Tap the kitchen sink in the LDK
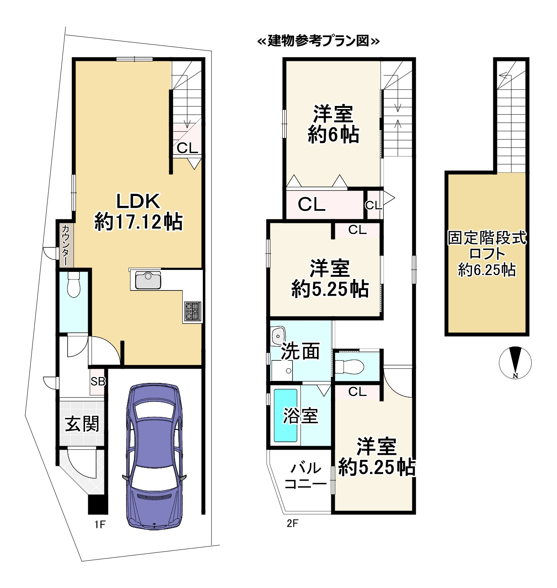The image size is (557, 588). click(148, 281)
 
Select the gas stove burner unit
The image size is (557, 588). click(193, 311)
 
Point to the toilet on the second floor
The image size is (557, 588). click(353, 367)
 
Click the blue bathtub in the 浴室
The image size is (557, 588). click(285, 415)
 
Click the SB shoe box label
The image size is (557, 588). click(98, 381)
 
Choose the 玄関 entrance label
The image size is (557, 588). click(82, 424)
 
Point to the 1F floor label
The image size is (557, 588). click(100, 524)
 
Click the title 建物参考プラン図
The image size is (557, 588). click(318, 41)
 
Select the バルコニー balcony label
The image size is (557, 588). click(306, 476)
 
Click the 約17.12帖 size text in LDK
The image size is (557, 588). click(138, 222)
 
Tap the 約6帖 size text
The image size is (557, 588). click(333, 135)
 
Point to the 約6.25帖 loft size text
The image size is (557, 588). click(487, 270)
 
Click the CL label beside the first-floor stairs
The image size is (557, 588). click(187, 148)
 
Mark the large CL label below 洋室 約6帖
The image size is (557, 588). click(312, 204)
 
